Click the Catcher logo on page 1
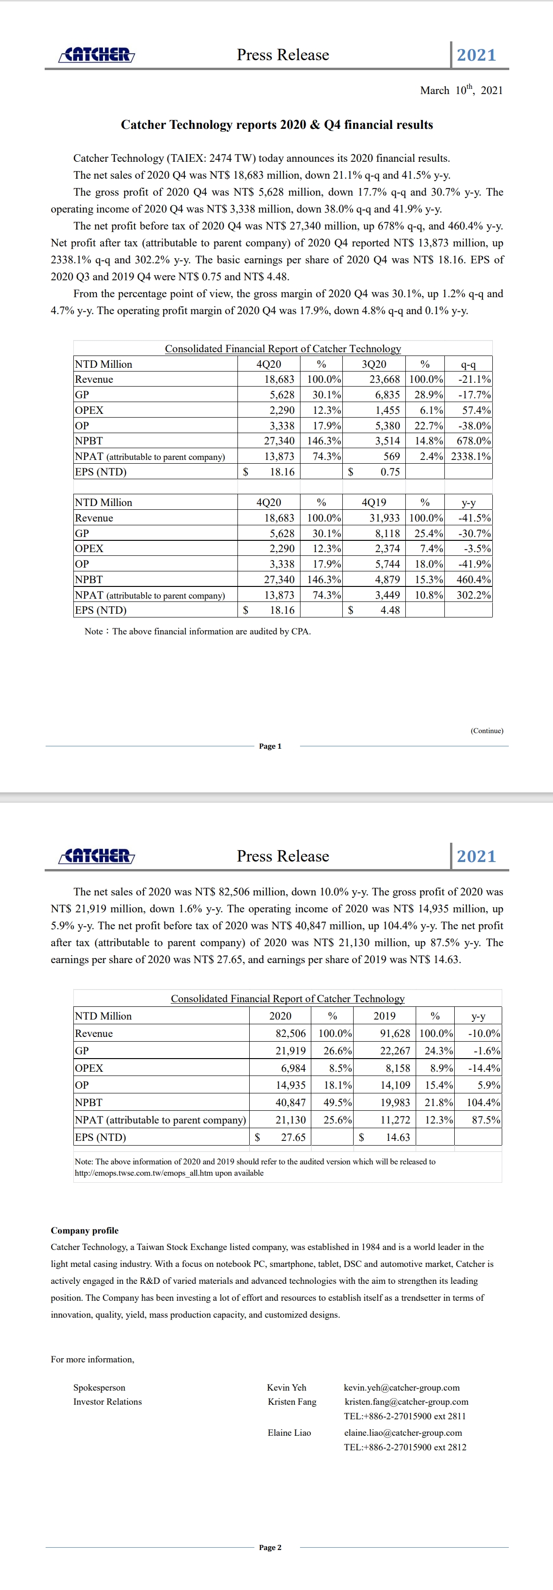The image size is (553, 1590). coord(96,55)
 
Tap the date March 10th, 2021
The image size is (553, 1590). coord(461,90)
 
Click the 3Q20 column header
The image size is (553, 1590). coord(373,364)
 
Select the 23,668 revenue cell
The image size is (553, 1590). coord(385,380)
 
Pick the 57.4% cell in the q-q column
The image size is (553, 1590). coord(476,411)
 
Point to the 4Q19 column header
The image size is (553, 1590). coord(373,502)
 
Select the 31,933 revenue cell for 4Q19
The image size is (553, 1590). coord(385,518)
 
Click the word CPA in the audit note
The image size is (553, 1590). coord(300,632)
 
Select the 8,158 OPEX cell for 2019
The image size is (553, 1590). coord(397,1068)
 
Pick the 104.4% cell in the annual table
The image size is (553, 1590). coord(483,1102)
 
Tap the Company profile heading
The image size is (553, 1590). coord(85,1230)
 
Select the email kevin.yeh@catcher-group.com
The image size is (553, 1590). coord(401,1387)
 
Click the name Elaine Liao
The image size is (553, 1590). coord(289,1432)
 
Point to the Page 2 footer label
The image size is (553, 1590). coord(270,1547)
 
